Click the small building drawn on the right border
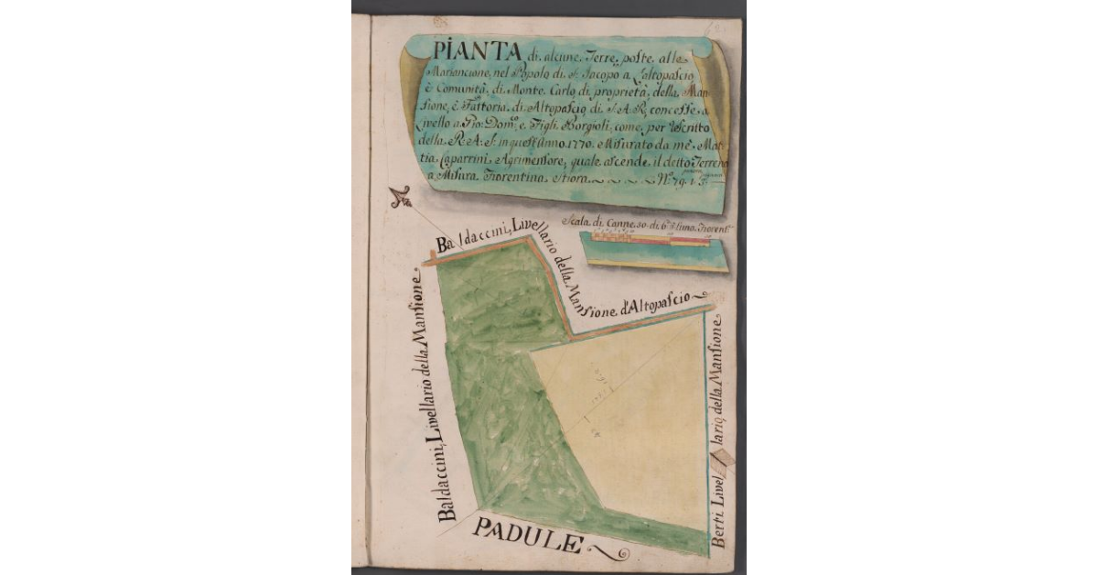(x=723, y=456)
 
